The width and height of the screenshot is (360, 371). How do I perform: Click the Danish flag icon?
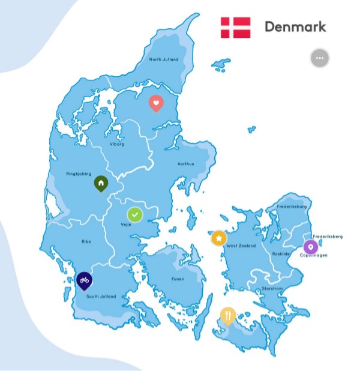235,27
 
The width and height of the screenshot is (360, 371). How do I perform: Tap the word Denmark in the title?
295,26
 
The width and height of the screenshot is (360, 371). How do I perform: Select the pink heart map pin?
155,103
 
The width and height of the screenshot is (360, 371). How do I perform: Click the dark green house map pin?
101,182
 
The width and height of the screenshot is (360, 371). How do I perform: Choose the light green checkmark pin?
135,214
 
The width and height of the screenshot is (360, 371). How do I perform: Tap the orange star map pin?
219,238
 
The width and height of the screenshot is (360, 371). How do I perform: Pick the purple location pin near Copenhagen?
310,246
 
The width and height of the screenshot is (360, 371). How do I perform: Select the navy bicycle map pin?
85,280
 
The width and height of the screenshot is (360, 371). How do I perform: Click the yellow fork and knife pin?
227,315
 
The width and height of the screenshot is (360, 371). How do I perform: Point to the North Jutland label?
164,59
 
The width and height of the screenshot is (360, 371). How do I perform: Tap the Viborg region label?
116,144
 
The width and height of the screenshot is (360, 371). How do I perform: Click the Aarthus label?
185,163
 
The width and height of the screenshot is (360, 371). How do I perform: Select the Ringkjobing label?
79,174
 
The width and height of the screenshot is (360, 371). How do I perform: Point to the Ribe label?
86,241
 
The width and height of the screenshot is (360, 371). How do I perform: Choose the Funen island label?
177,279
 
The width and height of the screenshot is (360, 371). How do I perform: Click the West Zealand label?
241,246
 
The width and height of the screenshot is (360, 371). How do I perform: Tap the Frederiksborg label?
292,207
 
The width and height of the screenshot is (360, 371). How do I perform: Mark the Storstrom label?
272,289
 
